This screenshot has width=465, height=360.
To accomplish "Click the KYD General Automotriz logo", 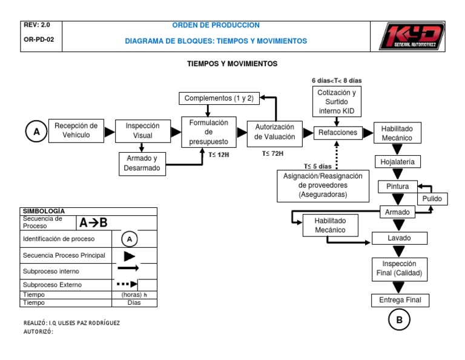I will [412, 37].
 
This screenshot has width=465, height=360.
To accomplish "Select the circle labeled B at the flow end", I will [399, 321].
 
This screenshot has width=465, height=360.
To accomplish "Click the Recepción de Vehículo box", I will [76, 130].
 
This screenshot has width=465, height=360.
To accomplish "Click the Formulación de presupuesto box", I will [209, 132].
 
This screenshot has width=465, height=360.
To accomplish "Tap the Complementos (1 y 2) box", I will [219, 98].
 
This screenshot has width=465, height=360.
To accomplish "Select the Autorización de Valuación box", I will [274, 132].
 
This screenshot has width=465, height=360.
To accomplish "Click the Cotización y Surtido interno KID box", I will [336, 102].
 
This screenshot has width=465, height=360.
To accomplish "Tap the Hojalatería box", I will [397, 162].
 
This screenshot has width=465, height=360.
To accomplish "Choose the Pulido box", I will [432, 199].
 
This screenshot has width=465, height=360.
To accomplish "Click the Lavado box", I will [399, 238].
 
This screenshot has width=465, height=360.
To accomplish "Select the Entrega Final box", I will [399, 300].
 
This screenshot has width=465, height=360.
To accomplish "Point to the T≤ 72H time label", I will [272, 154].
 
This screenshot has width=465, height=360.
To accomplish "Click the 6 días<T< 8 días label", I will [337, 80].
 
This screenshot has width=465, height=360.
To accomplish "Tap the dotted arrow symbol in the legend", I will [127, 284].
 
